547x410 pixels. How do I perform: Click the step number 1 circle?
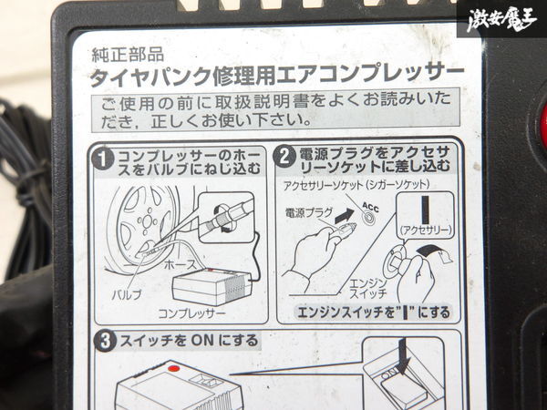(103, 159)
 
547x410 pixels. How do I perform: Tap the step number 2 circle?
(284, 156)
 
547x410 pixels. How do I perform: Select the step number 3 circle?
(105, 342)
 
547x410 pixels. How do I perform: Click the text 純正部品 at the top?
(128, 55)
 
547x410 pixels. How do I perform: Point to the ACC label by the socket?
(370, 207)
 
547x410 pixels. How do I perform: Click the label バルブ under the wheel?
(127, 295)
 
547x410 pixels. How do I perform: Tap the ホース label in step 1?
(181, 265)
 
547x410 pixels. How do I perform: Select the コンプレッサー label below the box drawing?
(191, 313)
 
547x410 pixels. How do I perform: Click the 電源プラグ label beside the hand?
(309, 212)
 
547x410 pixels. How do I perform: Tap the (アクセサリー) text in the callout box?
(426, 231)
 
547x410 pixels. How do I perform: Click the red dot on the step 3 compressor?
(173, 368)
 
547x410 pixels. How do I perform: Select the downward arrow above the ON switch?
(404, 356)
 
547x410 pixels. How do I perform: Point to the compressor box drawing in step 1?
(212, 287)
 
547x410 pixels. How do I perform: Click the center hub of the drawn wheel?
(147, 220)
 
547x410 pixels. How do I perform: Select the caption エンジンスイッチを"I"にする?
(374, 312)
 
